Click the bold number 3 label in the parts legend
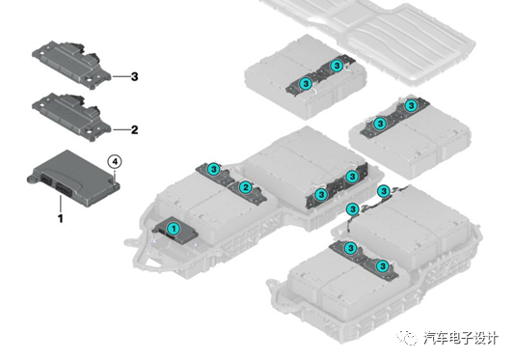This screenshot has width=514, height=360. point(134,77)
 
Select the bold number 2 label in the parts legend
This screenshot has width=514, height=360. point(134,130)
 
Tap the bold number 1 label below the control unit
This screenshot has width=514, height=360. point(61,218)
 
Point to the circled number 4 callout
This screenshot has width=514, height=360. point(115,161)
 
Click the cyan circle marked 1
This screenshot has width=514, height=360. point(174,229)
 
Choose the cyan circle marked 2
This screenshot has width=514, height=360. point(245,187)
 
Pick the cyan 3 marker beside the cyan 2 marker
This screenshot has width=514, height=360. point(214,169)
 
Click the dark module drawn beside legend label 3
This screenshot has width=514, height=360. point(71,65)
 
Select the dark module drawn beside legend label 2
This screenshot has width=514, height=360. point(71,117)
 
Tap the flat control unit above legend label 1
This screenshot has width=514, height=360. point(73,179)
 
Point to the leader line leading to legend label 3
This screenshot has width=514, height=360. point(121,77)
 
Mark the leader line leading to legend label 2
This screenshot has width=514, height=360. point(121,130)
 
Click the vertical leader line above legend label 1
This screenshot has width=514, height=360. point(61,204)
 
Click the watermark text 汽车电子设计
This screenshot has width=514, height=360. point(461,338)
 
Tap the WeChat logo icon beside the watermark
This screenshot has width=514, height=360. point(407,337)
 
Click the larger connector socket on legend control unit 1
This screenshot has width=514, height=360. point(64,190)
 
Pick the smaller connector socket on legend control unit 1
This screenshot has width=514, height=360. point(46,180)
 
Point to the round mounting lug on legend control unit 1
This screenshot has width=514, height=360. point(32,179)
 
